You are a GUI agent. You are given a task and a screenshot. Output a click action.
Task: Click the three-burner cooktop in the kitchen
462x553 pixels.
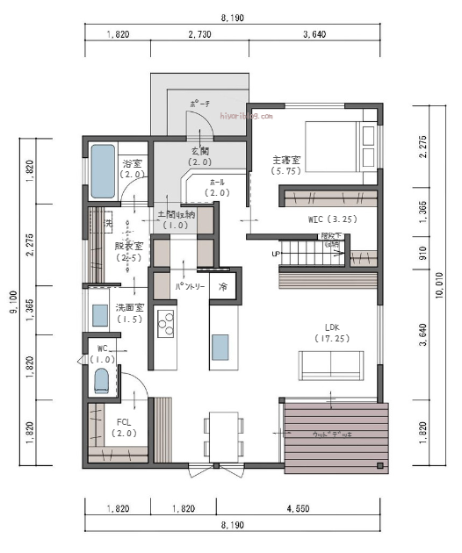tap(165, 325)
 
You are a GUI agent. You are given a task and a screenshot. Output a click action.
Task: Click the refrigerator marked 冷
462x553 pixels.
tap(223, 287)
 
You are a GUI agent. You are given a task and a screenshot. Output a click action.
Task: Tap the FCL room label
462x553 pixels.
tap(124, 427)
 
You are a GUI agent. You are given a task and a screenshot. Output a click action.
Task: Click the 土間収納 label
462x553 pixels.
tap(177, 219)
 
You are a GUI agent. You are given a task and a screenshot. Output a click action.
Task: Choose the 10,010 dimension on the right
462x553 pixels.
tap(440, 298)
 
